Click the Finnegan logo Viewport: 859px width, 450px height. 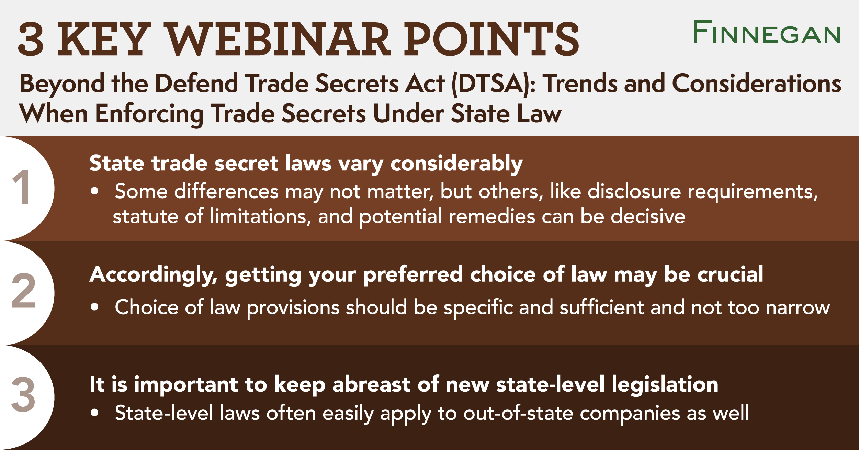[x=766, y=32]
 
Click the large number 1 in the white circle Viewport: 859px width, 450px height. [x=23, y=188]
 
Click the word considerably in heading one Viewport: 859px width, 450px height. [x=456, y=164]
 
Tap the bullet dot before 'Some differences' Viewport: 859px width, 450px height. [x=95, y=191]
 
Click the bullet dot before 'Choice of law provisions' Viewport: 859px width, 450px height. [x=95, y=307]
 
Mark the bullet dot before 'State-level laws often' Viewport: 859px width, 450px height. [x=95, y=413]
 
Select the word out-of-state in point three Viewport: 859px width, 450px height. [x=518, y=413]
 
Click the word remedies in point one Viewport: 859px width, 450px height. [x=491, y=216]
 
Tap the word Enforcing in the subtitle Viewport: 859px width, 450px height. [x=149, y=114]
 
